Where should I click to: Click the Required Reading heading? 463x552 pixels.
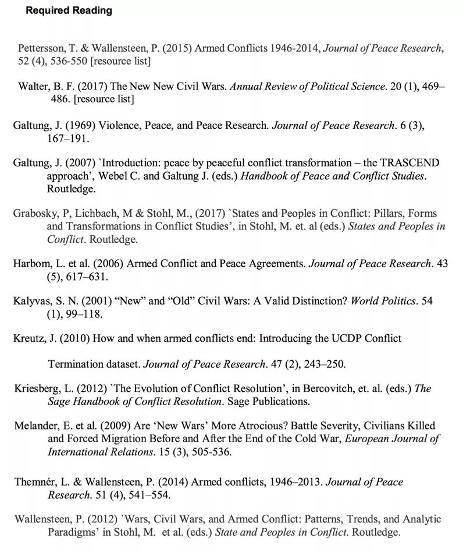69,10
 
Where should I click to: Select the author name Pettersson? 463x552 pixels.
41,48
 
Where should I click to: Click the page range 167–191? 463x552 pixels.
68,139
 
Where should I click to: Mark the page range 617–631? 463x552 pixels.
87,277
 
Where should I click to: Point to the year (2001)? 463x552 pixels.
83,301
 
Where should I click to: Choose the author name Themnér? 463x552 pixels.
37,482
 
